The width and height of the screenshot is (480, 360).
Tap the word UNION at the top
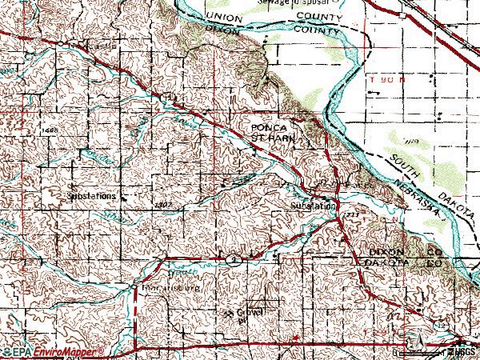point(222,16)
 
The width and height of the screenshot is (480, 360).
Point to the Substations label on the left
point(90,194)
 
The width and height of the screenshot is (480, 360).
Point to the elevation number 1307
point(166,205)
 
